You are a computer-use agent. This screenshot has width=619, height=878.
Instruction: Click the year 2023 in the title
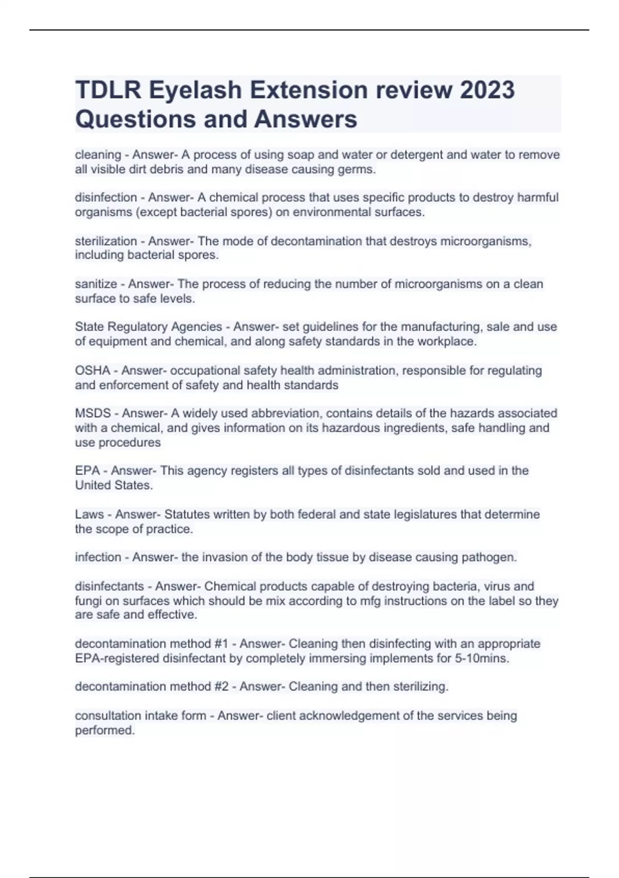tap(487, 90)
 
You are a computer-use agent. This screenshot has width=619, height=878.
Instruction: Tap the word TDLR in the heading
tap(107, 90)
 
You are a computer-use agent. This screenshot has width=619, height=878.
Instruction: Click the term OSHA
tap(92, 370)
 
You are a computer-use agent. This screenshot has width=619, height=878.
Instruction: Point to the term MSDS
tap(93, 413)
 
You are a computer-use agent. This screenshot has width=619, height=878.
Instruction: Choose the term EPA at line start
tap(87, 471)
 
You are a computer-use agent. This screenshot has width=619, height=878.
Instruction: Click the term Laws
tap(89, 514)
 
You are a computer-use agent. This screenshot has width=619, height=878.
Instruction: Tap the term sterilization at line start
tap(106, 241)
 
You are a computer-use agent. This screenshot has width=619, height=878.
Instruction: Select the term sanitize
tap(96, 284)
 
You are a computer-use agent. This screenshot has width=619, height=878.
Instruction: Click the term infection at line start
tap(98, 557)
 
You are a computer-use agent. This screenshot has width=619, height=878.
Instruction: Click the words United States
tap(113, 485)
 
